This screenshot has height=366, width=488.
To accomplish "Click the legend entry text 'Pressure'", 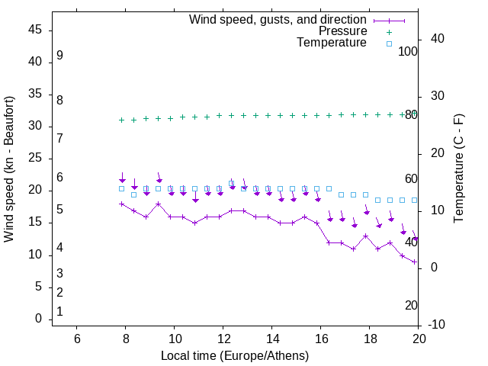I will [342, 31].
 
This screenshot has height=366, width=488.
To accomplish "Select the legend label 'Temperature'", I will [332, 43].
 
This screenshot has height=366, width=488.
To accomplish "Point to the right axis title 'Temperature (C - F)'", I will [459, 169].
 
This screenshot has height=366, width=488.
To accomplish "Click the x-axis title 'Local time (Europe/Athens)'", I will [235, 355].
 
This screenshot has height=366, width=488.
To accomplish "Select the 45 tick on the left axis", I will [35, 30].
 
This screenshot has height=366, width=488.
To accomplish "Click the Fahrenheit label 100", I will [409, 51].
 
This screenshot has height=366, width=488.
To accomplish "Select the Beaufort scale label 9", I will [59, 56].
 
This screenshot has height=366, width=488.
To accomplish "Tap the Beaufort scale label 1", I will [59, 312].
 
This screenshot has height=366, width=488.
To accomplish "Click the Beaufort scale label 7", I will [59, 138].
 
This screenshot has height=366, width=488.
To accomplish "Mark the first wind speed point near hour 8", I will [122, 204].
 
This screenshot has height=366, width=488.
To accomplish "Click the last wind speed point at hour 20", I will [415, 262].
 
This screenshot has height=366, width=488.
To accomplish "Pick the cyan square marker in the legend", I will [388, 43].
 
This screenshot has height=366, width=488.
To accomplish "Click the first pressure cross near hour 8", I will [122, 120].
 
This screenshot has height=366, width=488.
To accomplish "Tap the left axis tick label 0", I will [38, 319].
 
